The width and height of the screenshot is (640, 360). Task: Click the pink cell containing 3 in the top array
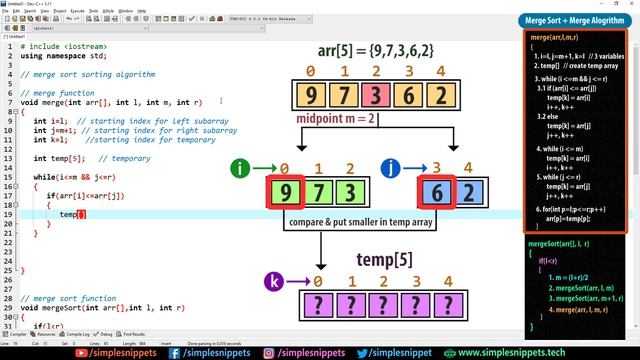point(373,97)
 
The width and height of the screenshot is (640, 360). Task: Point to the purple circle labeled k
point(275,283)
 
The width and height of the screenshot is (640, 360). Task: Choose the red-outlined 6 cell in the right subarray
point(436,193)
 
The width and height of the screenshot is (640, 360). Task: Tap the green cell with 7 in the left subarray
point(318,193)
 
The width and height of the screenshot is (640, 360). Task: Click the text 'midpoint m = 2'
point(336,119)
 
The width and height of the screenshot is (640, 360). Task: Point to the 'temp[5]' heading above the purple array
point(385,260)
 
